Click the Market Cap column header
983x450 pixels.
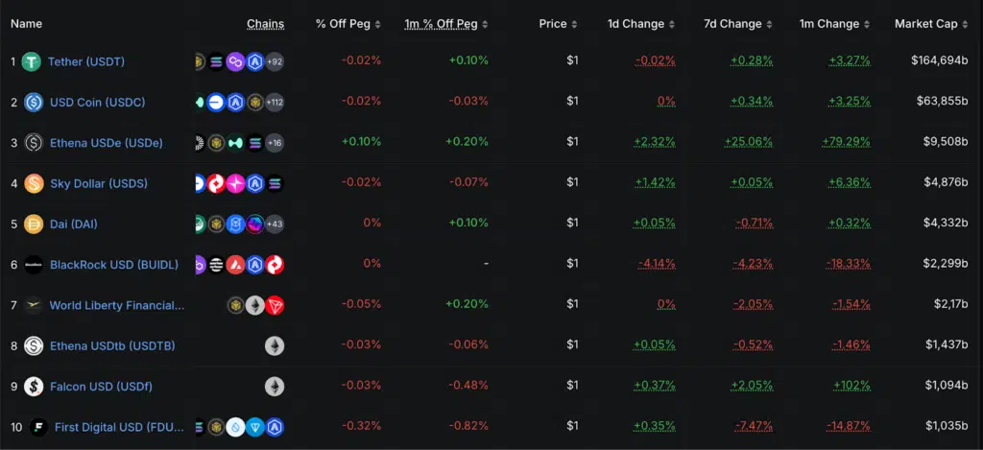(x=925, y=24)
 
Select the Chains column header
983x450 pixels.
(x=265, y=24)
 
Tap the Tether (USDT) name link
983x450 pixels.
(x=86, y=61)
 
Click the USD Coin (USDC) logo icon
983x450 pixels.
(x=34, y=102)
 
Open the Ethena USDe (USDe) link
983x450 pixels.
(x=106, y=142)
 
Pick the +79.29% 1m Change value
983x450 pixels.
(x=849, y=142)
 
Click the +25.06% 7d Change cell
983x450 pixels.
(x=752, y=142)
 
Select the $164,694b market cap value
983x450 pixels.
(x=938, y=61)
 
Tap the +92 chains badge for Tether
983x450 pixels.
(x=275, y=61)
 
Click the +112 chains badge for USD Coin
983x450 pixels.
(x=274, y=102)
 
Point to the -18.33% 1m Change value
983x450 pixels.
(x=849, y=264)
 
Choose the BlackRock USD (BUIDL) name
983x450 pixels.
(x=112, y=264)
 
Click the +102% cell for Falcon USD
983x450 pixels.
(x=851, y=386)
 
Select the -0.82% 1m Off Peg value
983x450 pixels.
(x=468, y=426)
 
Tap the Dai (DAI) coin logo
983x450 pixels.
(x=34, y=224)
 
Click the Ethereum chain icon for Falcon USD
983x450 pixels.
(x=275, y=386)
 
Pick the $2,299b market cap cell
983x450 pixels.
(x=946, y=264)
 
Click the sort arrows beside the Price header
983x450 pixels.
(x=575, y=24)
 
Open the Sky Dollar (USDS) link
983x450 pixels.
(x=99, y=183)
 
